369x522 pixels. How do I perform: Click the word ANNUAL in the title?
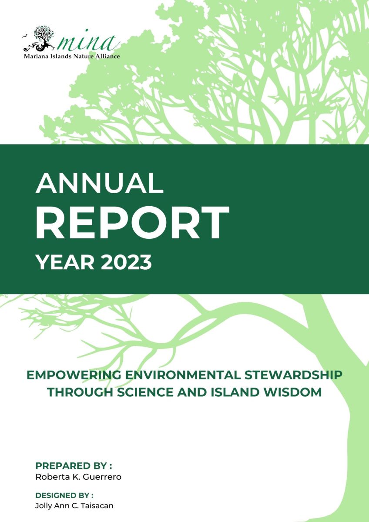[x=100, y=183]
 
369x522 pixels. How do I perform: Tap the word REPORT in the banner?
[x=132, y=223]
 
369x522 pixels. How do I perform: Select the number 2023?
[x=126, y=262]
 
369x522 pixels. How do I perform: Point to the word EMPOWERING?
[x=74, y=375]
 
